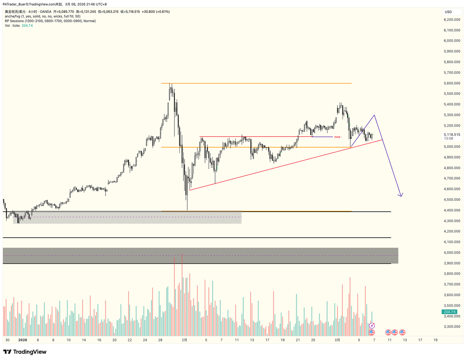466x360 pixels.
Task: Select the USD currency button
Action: [448, 12]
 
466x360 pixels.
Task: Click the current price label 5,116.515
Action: [452, 135]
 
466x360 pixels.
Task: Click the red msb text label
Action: [337, 137]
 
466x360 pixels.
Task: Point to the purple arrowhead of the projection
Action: [401, 195]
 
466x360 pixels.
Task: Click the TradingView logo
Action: [25, 352]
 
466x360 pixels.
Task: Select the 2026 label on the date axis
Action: [23, 340]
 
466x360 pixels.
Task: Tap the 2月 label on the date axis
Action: [185, 340]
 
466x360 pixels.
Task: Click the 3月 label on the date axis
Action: [338, 340]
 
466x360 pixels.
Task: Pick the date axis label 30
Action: [7, 340]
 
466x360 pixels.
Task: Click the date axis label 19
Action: [435, 340]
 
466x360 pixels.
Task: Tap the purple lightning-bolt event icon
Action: [372, 326]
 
